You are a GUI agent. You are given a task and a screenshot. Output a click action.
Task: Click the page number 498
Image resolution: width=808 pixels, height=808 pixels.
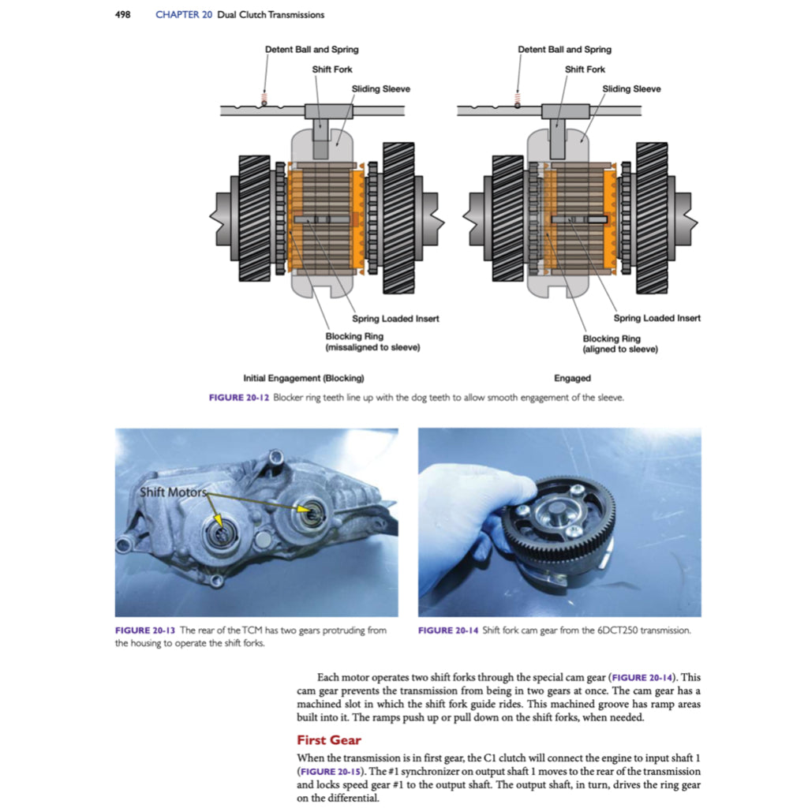pos(122,14)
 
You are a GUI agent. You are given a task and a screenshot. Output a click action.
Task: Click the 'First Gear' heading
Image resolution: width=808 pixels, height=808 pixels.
pos(328,740)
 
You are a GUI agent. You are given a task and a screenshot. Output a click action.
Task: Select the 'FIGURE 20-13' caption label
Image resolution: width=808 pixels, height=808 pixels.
pos(144,630)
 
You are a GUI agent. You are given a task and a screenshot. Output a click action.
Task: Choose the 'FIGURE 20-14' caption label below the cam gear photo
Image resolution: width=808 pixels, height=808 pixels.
pos(447,630)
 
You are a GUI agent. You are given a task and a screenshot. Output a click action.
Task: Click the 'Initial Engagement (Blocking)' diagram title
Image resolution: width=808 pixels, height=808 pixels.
pos(304,378)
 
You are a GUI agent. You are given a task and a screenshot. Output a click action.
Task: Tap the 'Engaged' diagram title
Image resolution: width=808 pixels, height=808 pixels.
pos(572,378)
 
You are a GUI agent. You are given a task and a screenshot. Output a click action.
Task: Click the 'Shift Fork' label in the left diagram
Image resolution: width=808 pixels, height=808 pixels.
pos(332,69)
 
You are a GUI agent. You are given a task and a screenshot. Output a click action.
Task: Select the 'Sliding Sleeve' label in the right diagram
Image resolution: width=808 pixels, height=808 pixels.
pos(631,89)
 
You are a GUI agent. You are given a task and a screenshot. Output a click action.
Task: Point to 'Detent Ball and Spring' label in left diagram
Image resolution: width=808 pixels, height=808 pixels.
pos(311,50)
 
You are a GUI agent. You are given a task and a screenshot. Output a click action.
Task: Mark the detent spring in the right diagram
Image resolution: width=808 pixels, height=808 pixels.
pos(518,97)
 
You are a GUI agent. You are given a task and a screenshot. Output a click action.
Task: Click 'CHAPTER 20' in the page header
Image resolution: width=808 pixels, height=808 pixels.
pos(184,14)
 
